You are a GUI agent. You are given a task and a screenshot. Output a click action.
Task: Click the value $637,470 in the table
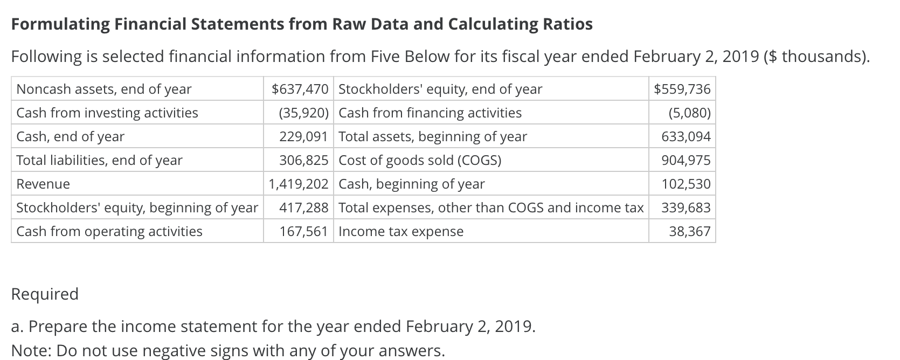(300, 89)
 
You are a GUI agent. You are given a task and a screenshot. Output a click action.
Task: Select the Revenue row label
(43, 184)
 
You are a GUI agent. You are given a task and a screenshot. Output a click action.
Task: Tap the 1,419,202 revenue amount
(299, 184)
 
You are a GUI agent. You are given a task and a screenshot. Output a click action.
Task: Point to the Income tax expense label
(401, 231)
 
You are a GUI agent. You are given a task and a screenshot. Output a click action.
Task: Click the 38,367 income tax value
(689, 231)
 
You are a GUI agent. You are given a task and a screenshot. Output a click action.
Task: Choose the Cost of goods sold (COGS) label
(420, 160)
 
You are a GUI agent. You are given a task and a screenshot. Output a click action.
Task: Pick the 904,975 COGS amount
(686, 160)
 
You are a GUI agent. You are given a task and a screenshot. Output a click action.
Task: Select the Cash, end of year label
(71, 136)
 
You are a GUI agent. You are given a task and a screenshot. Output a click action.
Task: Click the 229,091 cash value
(303, 136)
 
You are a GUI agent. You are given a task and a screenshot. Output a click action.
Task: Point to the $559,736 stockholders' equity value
(682, 89)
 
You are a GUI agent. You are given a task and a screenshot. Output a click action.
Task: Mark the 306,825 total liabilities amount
(303, 160)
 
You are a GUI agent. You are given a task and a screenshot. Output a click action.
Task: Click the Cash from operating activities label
(109, 231)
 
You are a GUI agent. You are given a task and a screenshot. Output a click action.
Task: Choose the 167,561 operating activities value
(303, 231)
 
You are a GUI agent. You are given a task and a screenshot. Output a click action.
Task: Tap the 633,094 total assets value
(686, 136)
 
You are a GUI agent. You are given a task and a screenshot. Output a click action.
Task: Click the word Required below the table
(45, 294)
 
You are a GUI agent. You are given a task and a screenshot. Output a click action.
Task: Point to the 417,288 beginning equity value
(303, 207)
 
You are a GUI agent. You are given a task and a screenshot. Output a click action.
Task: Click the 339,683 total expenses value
(686, 207)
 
